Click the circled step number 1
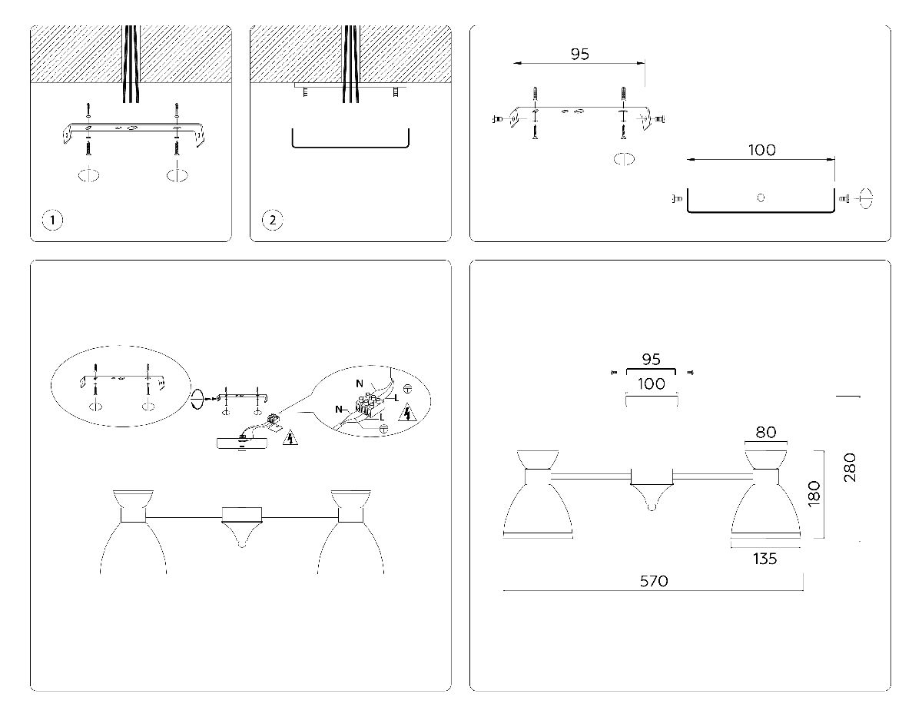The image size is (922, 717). (x=52, y=221)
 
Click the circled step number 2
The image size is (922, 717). (x=272, y=221)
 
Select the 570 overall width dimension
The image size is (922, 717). (x=654, y=581)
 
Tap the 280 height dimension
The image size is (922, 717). (x=848, y=467)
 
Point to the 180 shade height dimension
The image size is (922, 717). (x=814, y=493)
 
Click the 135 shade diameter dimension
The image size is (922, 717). (x=764, y=559)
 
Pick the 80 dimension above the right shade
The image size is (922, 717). (x=765, y=432)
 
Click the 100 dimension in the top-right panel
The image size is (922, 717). (x=761, y=151)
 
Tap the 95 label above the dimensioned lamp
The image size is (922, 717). (x=652, y=360)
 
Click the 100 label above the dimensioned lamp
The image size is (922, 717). (x=652, y=383)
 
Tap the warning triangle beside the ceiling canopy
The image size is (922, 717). (x=290, y=439)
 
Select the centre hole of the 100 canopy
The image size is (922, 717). (x=761, y=198)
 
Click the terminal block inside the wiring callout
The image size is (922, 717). (x=367, y=405)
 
